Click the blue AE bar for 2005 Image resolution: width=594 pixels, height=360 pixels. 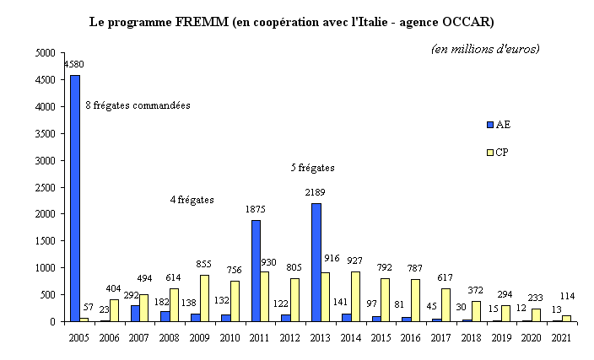point(75,198)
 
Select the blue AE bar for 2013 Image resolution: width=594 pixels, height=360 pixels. point(316,262)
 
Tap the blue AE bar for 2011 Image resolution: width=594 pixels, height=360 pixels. point(256,271)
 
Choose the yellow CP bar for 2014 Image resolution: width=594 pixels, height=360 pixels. point(355,296)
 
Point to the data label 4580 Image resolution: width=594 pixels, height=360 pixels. point(73,64)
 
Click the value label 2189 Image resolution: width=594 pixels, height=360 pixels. point(315,193)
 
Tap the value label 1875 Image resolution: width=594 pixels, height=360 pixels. point(256,210)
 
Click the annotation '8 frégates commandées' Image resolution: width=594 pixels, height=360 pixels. point(138,106)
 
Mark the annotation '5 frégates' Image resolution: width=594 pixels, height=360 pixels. point(313,168)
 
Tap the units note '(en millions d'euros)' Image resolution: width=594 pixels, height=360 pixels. point(485,48)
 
